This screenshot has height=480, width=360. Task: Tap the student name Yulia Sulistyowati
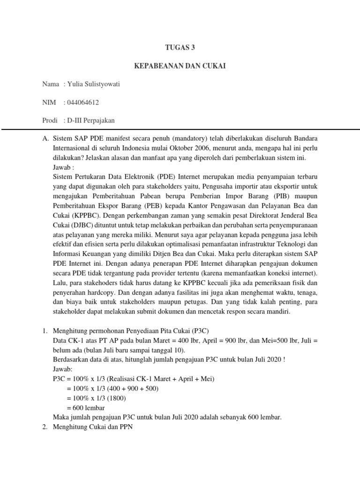click(94, 84)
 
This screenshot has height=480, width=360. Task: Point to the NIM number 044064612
click(83, 102)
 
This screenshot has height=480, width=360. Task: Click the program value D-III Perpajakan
click(90, 120)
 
